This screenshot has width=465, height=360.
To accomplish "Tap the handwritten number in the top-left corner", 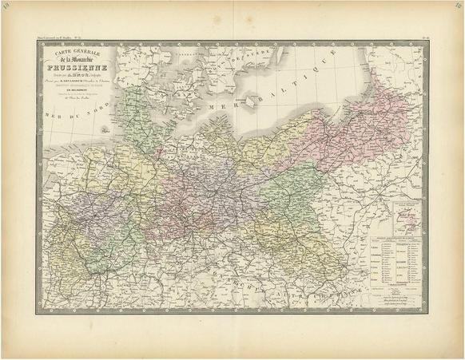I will pos(10,8).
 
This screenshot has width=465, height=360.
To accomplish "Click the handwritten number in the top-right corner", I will pos(455,8).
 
